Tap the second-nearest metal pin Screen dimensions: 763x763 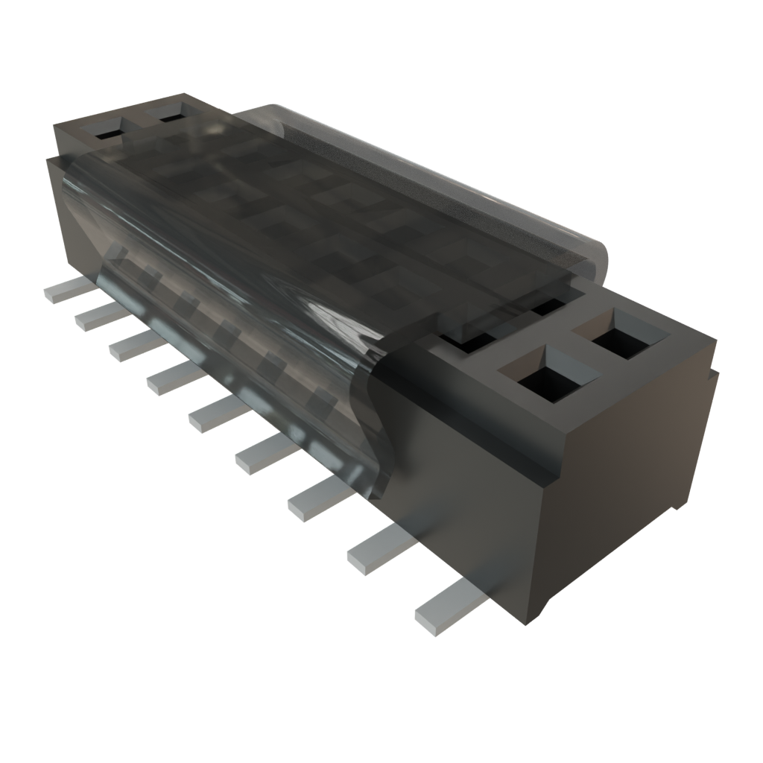[378, 548]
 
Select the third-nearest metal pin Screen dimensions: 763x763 [314, 498]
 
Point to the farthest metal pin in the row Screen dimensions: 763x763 [62, 291]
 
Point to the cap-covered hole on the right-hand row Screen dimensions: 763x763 [548, 305]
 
